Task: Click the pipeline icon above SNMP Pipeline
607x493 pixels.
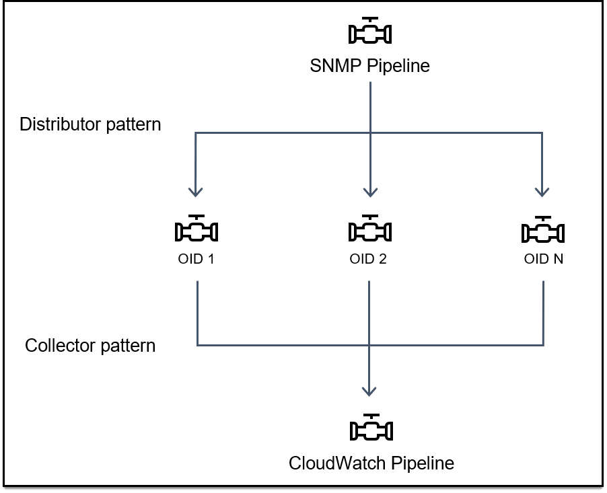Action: [370, 31]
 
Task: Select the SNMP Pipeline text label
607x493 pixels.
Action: [369, 66]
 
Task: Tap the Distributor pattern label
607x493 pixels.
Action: [90, 124]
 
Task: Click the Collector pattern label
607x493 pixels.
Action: [90, 346]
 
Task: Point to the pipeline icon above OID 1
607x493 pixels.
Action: [197, 229]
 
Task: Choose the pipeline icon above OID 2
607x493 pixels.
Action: [369, 229]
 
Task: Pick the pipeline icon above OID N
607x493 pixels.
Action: [542, 229]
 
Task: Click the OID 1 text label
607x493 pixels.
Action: [197, 260]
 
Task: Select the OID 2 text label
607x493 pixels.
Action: [368, 260]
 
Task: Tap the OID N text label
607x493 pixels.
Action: [543, 260]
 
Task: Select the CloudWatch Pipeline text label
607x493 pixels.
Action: [371, 463]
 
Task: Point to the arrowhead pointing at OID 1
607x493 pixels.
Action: [196, 192]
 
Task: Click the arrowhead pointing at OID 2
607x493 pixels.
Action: [369, 192]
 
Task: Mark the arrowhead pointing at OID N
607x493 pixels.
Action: [542, 192]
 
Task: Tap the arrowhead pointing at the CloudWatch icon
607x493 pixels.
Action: [369, 391]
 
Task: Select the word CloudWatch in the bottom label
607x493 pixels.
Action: [331, 463]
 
